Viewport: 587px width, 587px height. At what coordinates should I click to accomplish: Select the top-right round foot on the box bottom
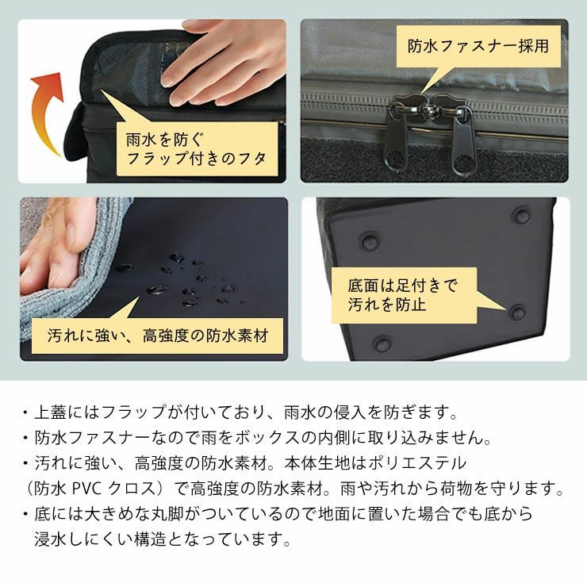click(x=522, y=213)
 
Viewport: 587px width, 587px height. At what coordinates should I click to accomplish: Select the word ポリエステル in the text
click(x=427, y=462)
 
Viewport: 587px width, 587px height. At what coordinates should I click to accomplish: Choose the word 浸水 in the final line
click(x=50, y=539)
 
